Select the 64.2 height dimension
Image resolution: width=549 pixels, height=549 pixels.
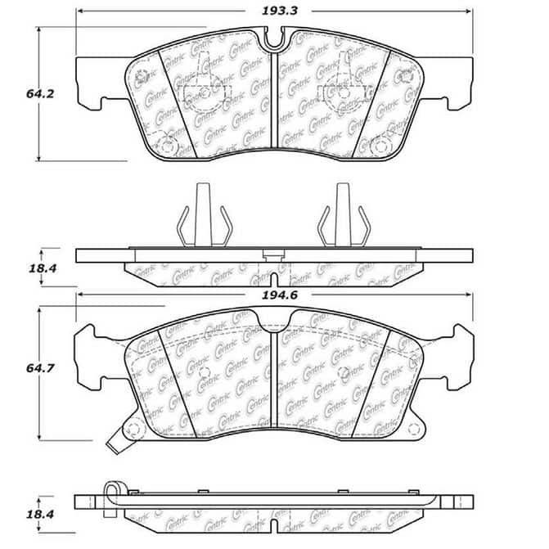(16, 94)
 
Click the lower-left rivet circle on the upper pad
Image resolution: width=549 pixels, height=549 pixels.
(168, 146)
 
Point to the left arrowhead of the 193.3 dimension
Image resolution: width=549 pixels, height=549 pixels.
(79, 12)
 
